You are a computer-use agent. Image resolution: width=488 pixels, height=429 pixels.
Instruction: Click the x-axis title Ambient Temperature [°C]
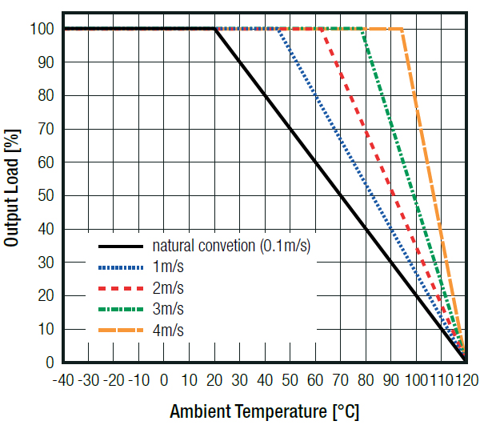264,412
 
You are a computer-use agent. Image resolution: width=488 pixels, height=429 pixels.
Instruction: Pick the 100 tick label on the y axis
42,29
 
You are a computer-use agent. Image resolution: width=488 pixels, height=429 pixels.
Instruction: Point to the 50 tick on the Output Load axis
46,195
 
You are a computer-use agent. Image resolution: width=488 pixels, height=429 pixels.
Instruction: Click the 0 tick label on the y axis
50,363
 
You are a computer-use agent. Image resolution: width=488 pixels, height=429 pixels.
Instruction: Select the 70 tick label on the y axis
46,129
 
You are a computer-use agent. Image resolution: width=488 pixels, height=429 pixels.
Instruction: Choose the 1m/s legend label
168,267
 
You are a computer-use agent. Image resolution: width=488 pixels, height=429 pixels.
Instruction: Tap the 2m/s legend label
168,287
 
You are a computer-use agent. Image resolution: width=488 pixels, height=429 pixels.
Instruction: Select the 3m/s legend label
168,309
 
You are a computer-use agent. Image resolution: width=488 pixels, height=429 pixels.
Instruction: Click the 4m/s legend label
168,330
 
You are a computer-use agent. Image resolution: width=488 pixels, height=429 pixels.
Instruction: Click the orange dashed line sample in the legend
121,330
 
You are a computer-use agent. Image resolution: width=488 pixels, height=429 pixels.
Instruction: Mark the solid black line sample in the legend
121,246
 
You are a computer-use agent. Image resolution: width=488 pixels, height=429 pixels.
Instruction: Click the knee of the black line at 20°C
214,29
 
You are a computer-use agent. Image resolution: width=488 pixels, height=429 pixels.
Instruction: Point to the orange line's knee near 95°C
402,29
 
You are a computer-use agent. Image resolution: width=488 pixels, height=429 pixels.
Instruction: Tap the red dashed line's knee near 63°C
323,29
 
